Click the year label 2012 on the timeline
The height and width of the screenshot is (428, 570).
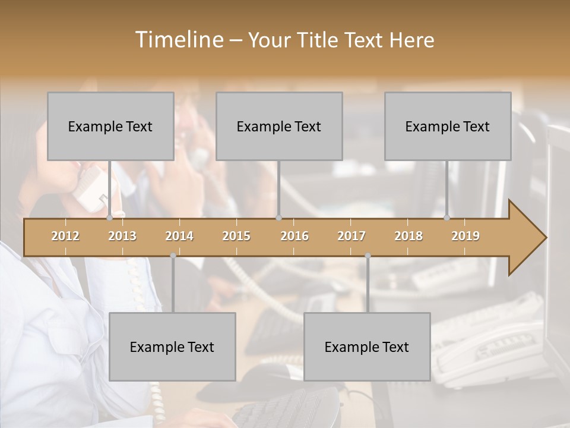(x=65, y=236)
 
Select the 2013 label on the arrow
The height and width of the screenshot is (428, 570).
(x=122, y=236)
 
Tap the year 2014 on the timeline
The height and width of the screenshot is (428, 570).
(x=179, y=236)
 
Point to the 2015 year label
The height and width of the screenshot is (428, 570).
(x=236, y=236)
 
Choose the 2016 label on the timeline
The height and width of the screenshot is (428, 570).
(x=294, y=236)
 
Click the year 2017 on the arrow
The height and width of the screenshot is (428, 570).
(x=351, y=236)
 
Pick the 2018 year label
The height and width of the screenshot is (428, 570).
(x=408, y=236)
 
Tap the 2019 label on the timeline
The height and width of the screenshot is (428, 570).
(x=465, y=236)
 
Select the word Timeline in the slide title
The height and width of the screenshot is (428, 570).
(x=179, y=40)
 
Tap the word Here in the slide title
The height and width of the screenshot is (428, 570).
(x=411, y=40)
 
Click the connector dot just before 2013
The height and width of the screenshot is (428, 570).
(x=109, y=218)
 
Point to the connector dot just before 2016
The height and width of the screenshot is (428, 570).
(x=278, y=218)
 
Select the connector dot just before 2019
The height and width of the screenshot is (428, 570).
(x=447, y=218)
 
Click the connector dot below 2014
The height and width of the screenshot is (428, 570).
(x=173, y=256)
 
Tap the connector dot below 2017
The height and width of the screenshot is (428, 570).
(x=368, y=256)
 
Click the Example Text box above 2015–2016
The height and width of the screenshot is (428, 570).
(x=279, y=126)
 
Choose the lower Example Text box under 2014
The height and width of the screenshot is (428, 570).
(x=172, y=347)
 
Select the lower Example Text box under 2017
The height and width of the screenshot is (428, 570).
(x=367, y=347)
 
